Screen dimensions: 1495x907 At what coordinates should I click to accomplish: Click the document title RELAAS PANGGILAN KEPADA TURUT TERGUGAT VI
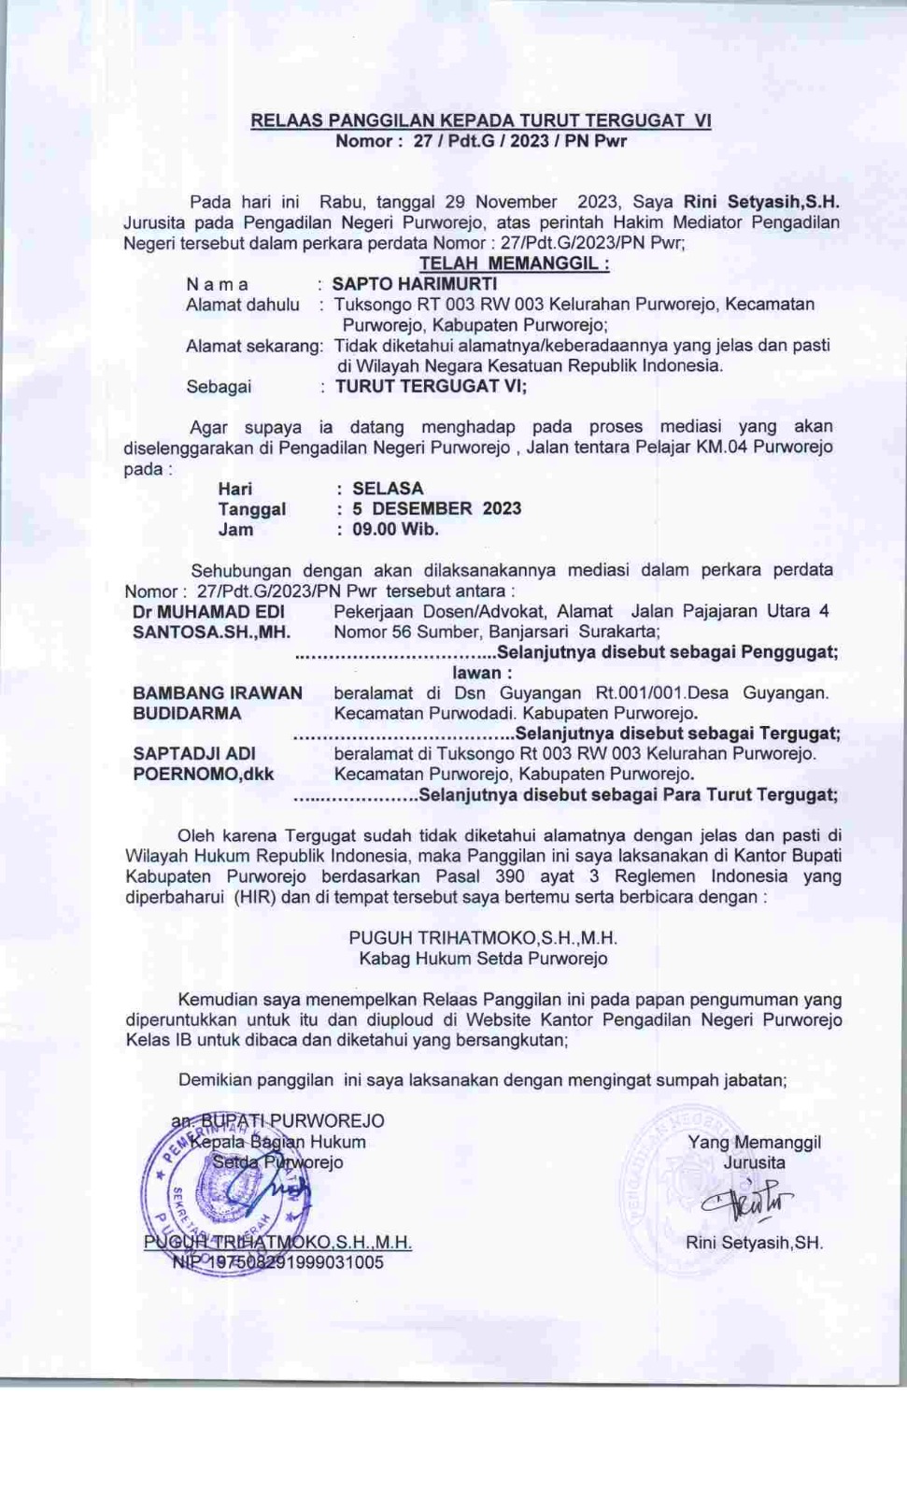480,121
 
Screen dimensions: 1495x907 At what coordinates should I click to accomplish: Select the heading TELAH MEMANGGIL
514,263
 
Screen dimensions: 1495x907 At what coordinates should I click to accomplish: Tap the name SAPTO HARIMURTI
414,284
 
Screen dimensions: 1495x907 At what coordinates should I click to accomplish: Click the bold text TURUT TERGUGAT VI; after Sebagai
431,386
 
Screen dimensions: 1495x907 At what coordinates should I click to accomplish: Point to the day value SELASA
388,489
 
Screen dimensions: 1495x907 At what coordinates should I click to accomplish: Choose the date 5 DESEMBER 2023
436,509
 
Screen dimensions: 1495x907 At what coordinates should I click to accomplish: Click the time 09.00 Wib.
395,530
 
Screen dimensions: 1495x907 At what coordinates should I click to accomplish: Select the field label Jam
235,530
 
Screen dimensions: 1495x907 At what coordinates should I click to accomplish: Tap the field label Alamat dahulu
243,305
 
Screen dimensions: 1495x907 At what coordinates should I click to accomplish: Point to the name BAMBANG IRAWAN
218,693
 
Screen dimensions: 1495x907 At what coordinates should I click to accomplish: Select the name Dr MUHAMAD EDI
208,612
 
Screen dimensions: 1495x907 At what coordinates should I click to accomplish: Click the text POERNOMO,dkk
204,775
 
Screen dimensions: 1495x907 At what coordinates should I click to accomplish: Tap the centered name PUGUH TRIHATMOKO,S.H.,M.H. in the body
483,938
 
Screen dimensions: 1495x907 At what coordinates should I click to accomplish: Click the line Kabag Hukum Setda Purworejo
483,959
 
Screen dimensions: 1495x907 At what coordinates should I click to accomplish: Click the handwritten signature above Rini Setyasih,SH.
748,1203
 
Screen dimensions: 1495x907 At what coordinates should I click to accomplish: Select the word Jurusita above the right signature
754,1163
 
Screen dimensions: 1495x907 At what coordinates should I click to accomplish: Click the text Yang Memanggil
754,1142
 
